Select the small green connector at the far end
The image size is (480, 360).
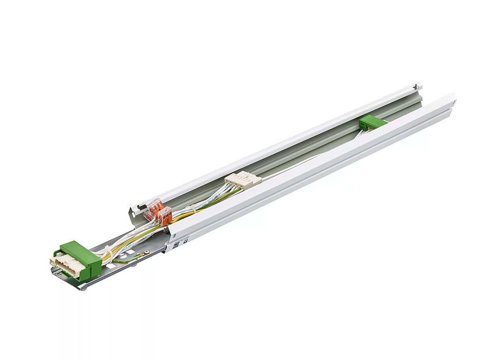[372, 123]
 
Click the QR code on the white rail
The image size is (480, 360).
[175, 243]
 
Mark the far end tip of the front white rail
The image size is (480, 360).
[454, 98]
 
